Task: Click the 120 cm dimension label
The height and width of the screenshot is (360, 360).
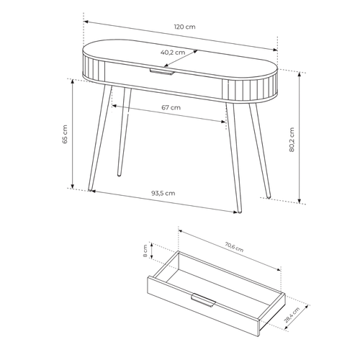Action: tap(184, 27)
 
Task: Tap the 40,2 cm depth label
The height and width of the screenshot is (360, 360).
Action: tap(173, 53)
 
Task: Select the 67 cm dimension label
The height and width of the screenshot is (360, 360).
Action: tap(171, 107)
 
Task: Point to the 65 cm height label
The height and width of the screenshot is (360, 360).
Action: tap(65, 134)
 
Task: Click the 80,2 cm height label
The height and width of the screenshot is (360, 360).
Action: tap(292, 140)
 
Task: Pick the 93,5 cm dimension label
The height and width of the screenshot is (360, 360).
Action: tap(163, 193)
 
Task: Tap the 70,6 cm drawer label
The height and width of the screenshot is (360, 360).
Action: tap(234, 247)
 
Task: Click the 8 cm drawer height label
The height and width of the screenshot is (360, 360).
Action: tap(145, 251)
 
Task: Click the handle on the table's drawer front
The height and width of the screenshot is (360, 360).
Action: tap(161, 72)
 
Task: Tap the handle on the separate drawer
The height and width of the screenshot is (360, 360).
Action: tap(203, 300)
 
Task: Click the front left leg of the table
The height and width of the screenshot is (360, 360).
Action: tap(99, 138)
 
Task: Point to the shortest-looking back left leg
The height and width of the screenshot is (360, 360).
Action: tap(125, 132)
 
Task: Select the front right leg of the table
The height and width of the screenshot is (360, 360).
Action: tap(234, 157)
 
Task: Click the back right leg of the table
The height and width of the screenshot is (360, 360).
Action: tap(260, 150)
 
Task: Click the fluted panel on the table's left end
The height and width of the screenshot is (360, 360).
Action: tap(94, 67)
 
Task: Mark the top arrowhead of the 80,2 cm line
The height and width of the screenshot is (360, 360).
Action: tap(299, 74)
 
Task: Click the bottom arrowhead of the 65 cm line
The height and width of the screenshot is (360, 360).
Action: tap(73, 186)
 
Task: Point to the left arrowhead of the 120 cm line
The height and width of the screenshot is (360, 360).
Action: tap(86, 22)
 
